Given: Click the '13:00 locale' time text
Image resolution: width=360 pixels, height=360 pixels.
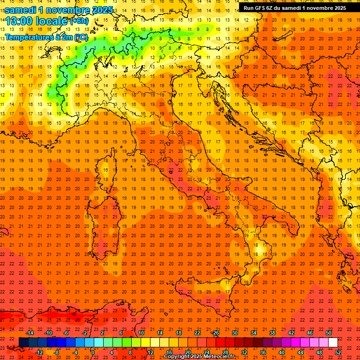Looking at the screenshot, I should click(x=37, y=21).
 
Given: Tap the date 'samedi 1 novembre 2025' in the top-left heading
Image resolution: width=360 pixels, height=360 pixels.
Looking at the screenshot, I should click(x=59, y=9).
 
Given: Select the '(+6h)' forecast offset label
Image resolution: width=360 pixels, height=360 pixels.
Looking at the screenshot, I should click(x=79, y=21).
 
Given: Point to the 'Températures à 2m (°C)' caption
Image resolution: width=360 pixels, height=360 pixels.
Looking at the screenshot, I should click(x=46, y=37).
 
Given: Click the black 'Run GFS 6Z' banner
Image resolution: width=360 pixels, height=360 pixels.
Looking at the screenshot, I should click(x=294, y=7).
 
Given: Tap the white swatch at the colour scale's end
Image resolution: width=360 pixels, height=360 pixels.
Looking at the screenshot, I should click(x=333, y=342).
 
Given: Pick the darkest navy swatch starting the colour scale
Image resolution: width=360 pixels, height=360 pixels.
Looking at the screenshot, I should click(x=23, y=342).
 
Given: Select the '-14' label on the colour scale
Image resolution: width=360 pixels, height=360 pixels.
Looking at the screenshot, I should click(x=30, y=333).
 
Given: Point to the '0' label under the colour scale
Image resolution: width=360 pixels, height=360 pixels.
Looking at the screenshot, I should click(x=92, y=352).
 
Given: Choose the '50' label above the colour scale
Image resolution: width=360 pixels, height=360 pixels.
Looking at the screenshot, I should click(x=329, y=333).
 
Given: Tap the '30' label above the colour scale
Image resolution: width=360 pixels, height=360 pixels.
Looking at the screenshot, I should click(x=235, y=333).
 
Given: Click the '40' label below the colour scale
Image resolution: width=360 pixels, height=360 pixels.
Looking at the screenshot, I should click(x=282, y=352).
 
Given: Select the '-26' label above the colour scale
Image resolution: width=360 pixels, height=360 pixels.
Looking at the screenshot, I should click(x=215, y=333).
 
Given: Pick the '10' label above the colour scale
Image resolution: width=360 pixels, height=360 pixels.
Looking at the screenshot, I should click(x=141, y=333).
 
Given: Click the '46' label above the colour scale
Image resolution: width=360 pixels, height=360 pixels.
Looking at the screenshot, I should click(x=310, y=333).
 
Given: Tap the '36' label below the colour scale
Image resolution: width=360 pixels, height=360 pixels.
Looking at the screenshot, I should click(x=263, y=352).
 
